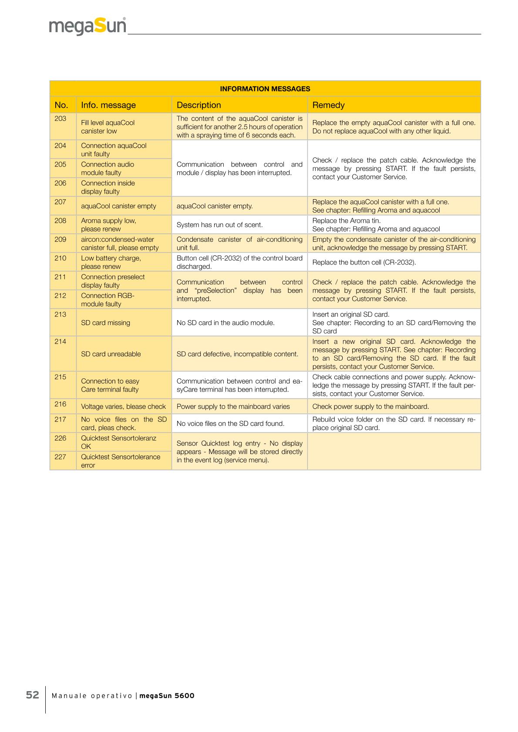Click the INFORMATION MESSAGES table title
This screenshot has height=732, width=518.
point(265,89)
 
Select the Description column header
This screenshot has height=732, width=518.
point(198,105)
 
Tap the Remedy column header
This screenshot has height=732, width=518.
point(328,105)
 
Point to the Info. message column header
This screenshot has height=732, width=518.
point(108,105)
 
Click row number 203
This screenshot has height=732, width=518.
point(61,119)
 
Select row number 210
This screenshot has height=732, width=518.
point(61,258)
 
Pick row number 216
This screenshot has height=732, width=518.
point(61,404)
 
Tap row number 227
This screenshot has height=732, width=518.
point(61,457)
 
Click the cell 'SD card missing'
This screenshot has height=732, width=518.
point(105,323)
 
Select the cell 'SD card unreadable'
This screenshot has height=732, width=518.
point(111,354)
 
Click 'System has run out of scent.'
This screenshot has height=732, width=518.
point(219,225)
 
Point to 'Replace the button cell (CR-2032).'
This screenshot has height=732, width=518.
point(364,262)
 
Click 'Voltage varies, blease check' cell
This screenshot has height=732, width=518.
point(123,407)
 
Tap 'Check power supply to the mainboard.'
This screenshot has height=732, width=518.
point(370,407)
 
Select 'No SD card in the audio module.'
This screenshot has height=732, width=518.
point(225,323)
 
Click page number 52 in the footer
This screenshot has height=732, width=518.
point(33,695)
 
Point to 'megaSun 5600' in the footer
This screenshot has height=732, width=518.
point(167,695)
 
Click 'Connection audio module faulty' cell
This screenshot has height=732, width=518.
point(108,168)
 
